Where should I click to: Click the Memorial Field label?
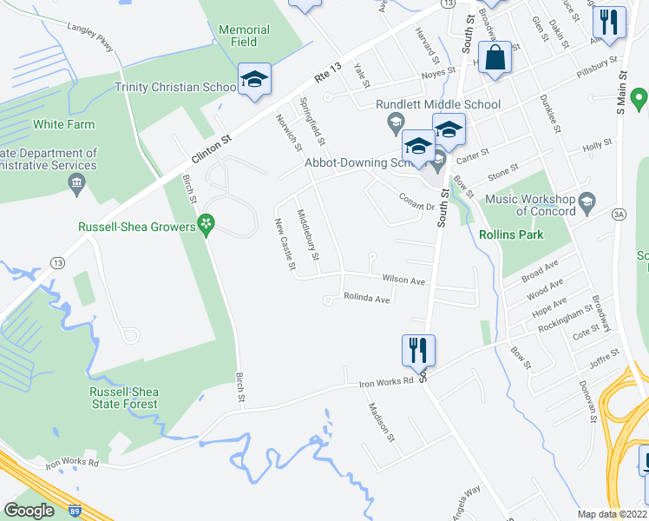(x=244, y=36)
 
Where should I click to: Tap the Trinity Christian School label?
(x=176, y=87)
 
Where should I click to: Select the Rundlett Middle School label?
(x=438, y=105)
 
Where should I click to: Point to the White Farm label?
(x=63, y=125)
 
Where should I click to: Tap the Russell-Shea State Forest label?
(x=124, y=398)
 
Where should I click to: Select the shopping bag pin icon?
(x=495, y=59)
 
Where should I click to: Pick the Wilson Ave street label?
(x=404, y=280)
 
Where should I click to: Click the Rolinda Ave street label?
(x=366, y=299)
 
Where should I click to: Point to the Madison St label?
(x=382, y=423)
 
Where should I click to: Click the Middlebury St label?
(x=308, y=235)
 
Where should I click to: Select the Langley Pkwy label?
(x=90, y=38)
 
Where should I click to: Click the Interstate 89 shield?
(x=76, y=512)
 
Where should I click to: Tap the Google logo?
(x=29, y=511)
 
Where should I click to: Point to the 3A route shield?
(x=619, y=213)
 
